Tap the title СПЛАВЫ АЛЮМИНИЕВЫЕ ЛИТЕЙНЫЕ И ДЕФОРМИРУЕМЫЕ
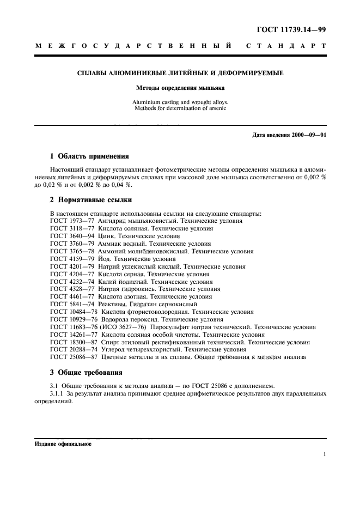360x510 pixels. click(179, 73)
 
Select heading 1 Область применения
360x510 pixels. click(89, 156)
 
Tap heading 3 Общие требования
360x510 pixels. click(85, 372)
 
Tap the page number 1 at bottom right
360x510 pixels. click(324, 454)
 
